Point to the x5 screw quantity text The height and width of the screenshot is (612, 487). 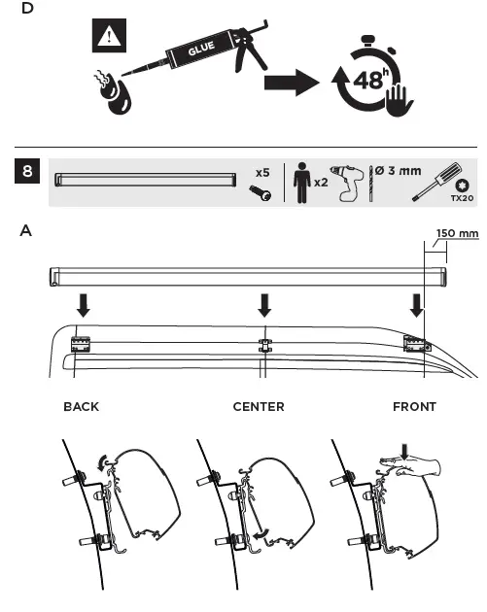[261, 172]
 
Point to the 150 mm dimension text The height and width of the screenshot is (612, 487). [456, 259]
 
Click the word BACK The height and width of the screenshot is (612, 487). [81, 406]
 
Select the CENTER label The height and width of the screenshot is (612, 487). [259, 406]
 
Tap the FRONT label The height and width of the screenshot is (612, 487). [414, 406]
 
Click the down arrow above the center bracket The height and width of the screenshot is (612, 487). [261, 306]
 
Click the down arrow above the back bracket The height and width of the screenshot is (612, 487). [83, 306]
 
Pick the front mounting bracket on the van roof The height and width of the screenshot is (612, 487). [415, 344]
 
